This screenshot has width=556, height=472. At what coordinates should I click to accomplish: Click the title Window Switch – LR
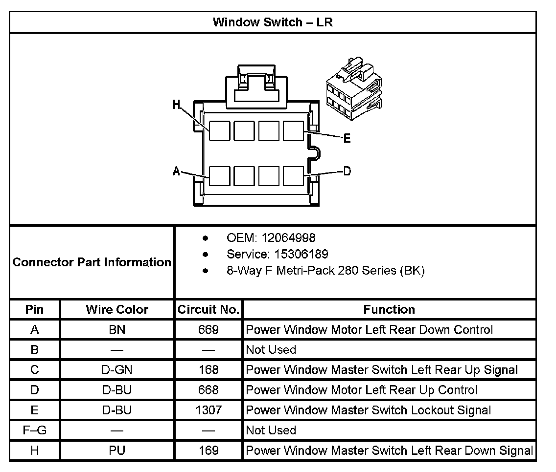click(x=273, y=22)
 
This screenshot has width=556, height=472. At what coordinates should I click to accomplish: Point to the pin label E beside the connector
click(x=347, y=139)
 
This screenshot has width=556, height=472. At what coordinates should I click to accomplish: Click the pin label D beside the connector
click(x=347, y=171)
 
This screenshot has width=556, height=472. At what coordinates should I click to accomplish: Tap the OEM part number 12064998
click(x=288, y=238)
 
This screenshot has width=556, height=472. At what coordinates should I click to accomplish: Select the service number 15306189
click(x=295, y=254)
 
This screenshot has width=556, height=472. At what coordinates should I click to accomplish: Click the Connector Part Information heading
click(x=92, y=262)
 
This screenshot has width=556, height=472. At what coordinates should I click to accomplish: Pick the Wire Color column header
click(x=117, y=309)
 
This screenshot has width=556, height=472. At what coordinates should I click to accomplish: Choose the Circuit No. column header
click(x=208, y=309)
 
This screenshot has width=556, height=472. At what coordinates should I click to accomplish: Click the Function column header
click(x=389, y=309)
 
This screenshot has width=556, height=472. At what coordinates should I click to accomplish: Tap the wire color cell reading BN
click(x=117, y=330)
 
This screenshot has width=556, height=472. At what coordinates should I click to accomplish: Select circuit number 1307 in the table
click(x=208, y=410)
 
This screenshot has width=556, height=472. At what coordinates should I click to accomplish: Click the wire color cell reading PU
click(x=117, y=451)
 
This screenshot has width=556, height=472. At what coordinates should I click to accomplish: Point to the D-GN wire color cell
click(x=117, y=370)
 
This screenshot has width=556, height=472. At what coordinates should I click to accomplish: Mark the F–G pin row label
click(x=34, y=430)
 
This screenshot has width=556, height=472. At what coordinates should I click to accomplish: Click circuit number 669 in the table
click(x=208, y=330)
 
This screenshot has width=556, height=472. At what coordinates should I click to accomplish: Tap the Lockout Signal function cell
click(x=368, y=410)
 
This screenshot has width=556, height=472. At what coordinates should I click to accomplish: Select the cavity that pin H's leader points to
click(x=220, y=130)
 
